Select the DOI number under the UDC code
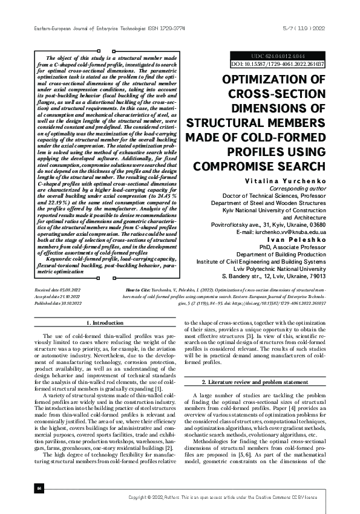coord(278,63)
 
